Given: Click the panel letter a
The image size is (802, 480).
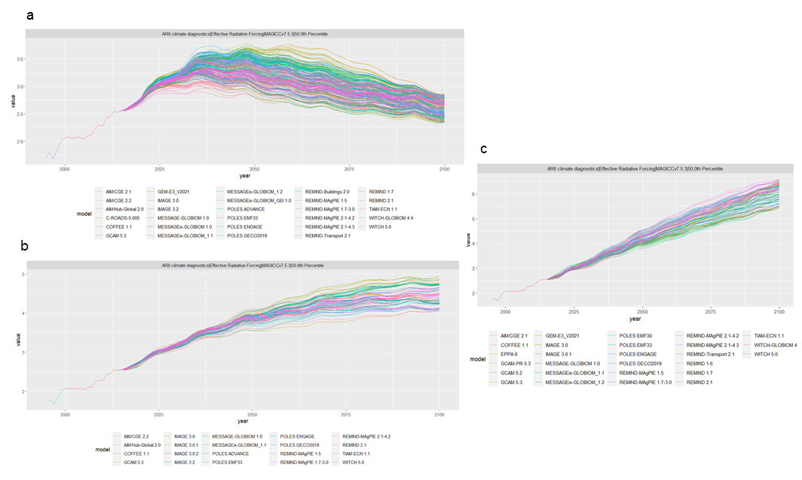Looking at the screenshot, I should click(29, 15).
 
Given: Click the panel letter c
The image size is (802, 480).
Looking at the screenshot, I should click(483, 147).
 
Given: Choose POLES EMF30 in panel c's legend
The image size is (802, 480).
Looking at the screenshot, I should click(638, 334).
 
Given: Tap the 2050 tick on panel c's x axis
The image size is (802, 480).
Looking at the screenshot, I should click(642, 310).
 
